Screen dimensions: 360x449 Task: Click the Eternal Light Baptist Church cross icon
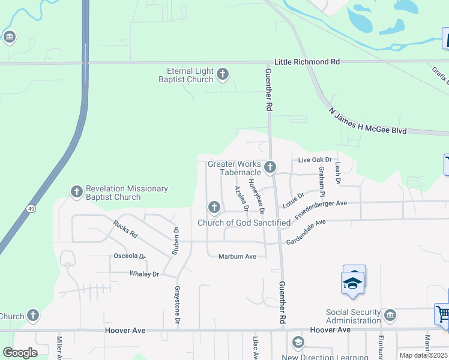coord(223,74)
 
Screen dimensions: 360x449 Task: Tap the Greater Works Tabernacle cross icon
coord(270,167)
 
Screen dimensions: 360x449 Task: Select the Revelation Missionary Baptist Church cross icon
coord(76,191)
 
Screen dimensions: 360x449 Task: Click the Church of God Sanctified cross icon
coord(214,208)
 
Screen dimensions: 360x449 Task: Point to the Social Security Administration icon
coord(390,316)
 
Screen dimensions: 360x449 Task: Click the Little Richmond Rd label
coord(307,62)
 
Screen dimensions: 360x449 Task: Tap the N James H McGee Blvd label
coord(367,121)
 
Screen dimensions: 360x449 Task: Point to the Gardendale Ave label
coord(306,231)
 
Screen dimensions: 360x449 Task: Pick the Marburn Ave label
coord(237,256)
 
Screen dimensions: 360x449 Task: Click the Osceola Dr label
coord(130,256)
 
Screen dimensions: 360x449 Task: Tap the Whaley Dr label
coord(144,274)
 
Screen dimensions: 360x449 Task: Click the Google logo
coord(20,353)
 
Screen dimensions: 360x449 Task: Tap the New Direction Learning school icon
coord(297,343)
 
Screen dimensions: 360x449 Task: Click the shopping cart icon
coord(442,314)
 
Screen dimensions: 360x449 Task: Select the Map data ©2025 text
coord(423,355)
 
